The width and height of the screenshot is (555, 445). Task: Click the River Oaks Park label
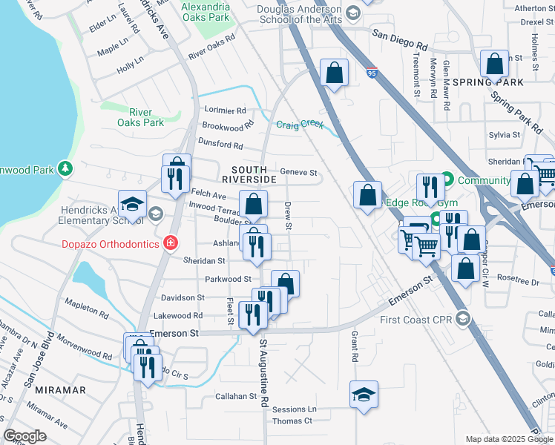coord(140,117)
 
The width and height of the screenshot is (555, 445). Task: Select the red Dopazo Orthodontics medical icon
coord(171,243)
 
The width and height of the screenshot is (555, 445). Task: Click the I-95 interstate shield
coord(372,73)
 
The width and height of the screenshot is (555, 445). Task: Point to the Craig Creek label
coord(300,125)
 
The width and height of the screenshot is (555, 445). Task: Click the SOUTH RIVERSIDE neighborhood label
coord(249,174)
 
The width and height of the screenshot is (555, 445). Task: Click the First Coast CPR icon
coord(462,320)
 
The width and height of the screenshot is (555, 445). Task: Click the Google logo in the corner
coord(24,436)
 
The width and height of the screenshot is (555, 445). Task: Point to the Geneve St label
coord(298,173)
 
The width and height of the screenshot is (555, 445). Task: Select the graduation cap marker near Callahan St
coord(364,394)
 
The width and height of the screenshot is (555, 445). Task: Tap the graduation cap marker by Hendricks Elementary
coord(133,204)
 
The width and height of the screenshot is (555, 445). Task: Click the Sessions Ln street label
coord(294,409)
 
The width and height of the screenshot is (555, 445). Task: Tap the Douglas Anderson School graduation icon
coord(353,13)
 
